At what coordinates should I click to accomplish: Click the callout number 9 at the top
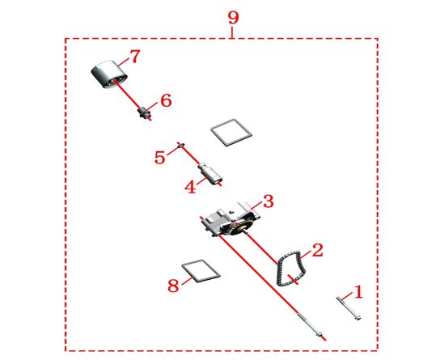(233, 19)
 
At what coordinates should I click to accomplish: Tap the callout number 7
(134, 57)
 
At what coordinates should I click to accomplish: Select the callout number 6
(166, 100)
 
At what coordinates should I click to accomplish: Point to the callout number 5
(160, 157)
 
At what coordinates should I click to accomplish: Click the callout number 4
(190, 187)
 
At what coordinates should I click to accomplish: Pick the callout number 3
(268, 201)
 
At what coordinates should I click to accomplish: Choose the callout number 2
(317, 250)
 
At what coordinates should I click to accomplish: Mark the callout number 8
(173, 286)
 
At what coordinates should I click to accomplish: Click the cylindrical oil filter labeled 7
(108, 74)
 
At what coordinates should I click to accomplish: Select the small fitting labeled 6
(145, 112)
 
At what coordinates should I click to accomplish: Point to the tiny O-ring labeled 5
(181, 145)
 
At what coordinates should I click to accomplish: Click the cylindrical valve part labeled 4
(210, 174)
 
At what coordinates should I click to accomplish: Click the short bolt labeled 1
(349, 309)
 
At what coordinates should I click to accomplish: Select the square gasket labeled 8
(201, 270)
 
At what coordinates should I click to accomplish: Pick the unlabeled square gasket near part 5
(231, 132)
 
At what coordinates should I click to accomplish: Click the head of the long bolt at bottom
(319, 334)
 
